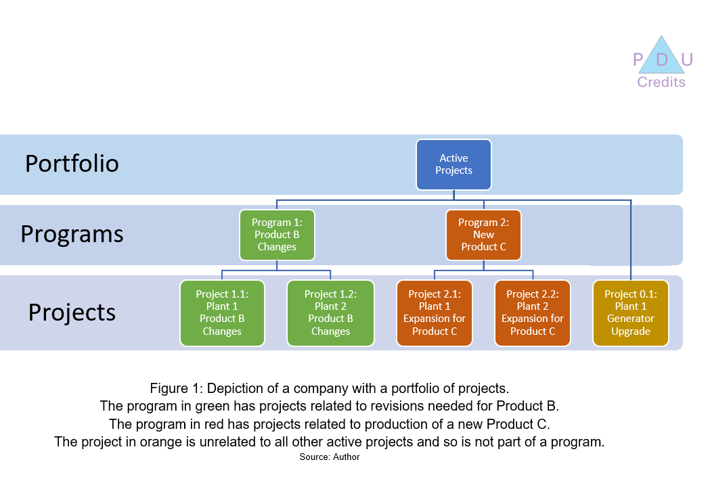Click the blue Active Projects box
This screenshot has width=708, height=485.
pos(453,164)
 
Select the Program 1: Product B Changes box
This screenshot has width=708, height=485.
pos(277,235)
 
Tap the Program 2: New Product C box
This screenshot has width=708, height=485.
pos(483,235)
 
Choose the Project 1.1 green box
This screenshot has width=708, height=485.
pos(222,313)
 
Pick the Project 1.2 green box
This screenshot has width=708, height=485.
pos(330,313)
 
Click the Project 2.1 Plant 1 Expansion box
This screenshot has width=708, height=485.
pos(435,313)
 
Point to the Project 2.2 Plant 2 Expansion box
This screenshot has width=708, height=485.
pos(533,313)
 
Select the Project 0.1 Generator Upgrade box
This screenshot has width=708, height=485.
pos(630,313)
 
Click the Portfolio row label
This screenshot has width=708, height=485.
pos(72,164)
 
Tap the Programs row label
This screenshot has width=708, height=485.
pos(72,233)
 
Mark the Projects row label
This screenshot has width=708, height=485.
pos(72,313)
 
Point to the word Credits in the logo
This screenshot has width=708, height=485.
pos(661,83)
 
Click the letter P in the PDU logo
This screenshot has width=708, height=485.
pos(638,61)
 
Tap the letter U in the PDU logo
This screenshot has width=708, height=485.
pos(686,61)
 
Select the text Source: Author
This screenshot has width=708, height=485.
pos(330,457)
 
